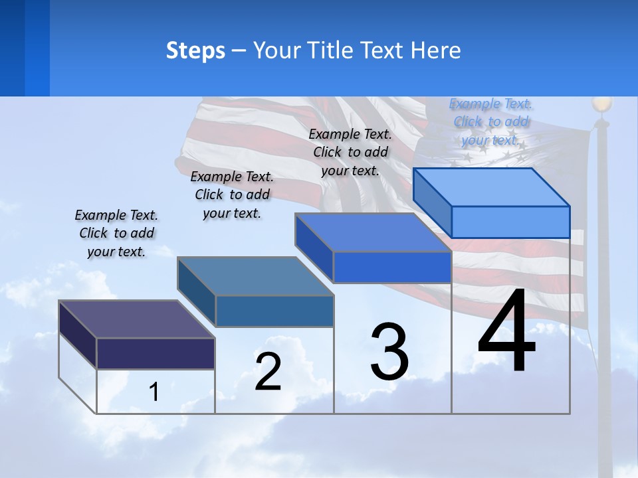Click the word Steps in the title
point(195,50)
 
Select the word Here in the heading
point(436,50)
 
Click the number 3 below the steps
point(389,352)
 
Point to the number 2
point(268,372)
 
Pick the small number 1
point(154,392)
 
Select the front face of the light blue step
point(510,221)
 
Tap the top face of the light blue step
point(492,187)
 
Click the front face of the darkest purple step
point(156,353)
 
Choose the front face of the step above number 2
point(274,311)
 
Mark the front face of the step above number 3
point(392,267)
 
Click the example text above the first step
point(116,233)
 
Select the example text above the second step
point(232,195)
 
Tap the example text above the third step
point(350,152)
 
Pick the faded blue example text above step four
point(491,121)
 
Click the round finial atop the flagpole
point(601,104)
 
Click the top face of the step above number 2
point(255,276)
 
